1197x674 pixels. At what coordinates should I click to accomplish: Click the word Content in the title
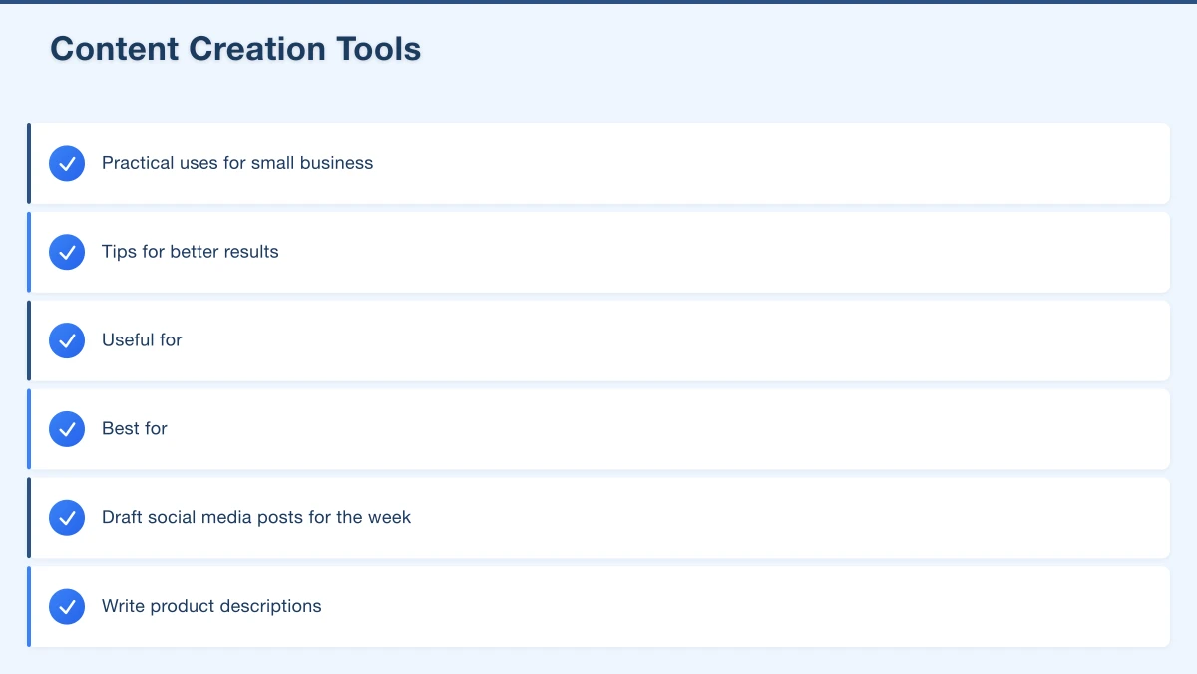point(114,49)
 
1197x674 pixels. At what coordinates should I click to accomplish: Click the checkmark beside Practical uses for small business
point(67,163)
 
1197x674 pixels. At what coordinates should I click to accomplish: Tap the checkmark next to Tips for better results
point(67,252)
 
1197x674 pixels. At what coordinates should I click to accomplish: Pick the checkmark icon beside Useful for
point(67,340)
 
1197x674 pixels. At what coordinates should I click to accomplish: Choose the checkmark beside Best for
point(67,429)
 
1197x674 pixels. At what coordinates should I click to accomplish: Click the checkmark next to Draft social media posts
point(67,518)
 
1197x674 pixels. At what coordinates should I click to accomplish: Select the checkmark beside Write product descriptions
point(67,607)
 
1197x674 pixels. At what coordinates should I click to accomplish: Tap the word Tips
point(119,252)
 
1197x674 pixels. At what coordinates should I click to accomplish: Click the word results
point(250,252)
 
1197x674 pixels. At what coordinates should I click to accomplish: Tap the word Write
point(123,607)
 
